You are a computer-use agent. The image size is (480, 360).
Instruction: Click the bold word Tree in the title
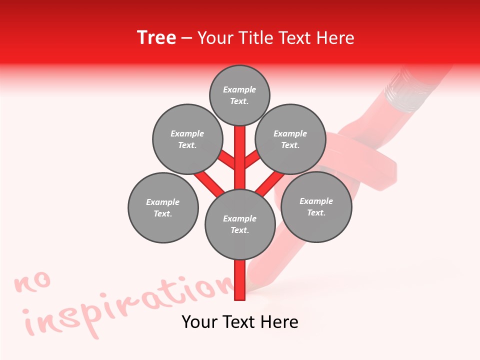pyautogui.click(x=156, y=37)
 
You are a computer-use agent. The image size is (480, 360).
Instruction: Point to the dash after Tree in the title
pyautogui.click(x=186, y=38)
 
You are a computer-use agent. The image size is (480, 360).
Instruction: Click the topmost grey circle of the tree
pyautogui.click(x=239, y=95)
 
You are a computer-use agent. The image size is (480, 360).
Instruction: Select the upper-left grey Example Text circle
pyautogui.click(x=187, y=139)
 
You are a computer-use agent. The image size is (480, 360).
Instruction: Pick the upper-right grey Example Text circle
pyautogui.click(x=290, y=139)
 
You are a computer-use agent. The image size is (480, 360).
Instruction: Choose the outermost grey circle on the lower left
pyautogui.click(x=163, y=207)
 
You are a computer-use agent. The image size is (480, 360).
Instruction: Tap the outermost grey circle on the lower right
pyautogui.click(x=316, y=206)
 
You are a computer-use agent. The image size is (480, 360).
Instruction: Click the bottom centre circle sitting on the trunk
pyautogui.click(x=239, y=224)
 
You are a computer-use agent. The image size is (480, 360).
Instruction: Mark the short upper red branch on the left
pyautogui.click(x=227, y=160)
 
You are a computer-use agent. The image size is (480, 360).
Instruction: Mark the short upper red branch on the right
pyautogui.click(x=252, y=159)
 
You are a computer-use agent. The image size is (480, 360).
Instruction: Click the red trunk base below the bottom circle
pyautogui.click(x=239, y=280)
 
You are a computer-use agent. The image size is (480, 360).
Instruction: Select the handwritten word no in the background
pyautogui.click(x=33, y=283)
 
